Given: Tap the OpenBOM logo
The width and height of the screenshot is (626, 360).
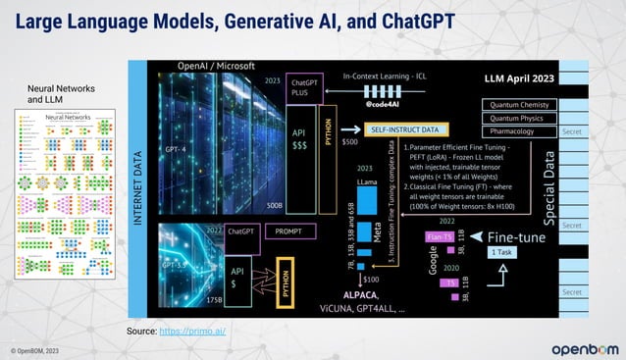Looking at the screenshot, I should [x=584, y=348].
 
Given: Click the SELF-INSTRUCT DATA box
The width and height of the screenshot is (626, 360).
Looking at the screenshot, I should [x=404, y=129].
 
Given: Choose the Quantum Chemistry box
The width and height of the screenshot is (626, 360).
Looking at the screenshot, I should [x=518, y=105].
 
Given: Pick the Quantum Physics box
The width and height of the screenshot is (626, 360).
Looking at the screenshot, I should [x=518, y=119].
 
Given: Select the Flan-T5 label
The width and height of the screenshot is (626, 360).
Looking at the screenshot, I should [x=440, y=236].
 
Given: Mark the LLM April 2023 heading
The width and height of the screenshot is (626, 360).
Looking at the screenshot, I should [x=521, y=77].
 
